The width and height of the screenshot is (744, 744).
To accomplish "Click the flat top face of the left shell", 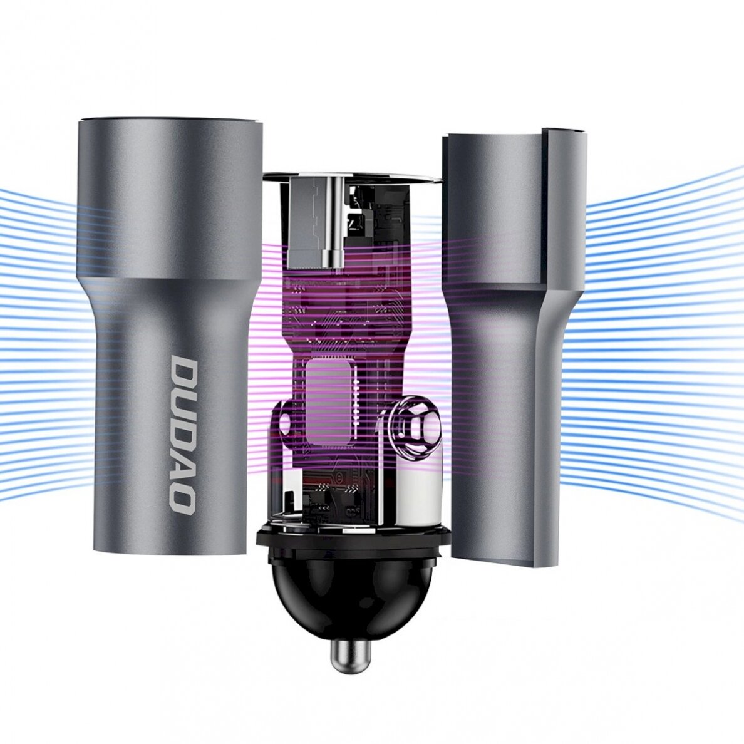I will [169, 119].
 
